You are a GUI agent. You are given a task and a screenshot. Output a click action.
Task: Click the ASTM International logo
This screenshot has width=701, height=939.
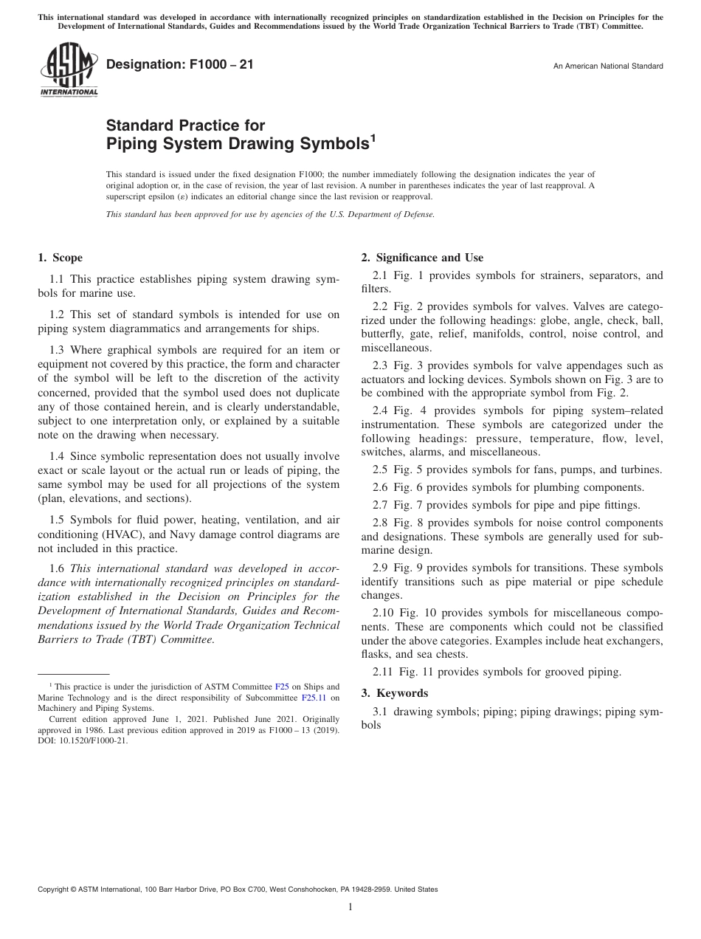tap(68, 70)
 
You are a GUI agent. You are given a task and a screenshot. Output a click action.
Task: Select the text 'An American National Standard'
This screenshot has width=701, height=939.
tap(607, 66)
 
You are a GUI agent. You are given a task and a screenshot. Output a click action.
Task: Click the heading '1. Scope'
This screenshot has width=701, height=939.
tap(60, 258)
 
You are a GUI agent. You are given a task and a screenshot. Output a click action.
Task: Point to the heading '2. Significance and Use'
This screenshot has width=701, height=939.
tap(422, 258)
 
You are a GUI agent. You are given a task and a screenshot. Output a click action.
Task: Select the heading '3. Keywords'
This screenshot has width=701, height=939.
tap(394, 693)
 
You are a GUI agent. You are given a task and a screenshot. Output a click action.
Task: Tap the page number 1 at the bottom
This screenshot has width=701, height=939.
tap(350, 907)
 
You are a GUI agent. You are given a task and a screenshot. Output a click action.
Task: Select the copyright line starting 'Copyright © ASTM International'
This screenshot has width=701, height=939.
tap(238, 890)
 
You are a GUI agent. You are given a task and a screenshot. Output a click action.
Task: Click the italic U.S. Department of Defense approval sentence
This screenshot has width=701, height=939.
tap(270, 214)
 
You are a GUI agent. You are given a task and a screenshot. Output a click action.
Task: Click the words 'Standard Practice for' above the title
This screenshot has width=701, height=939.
tap(185, 125)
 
